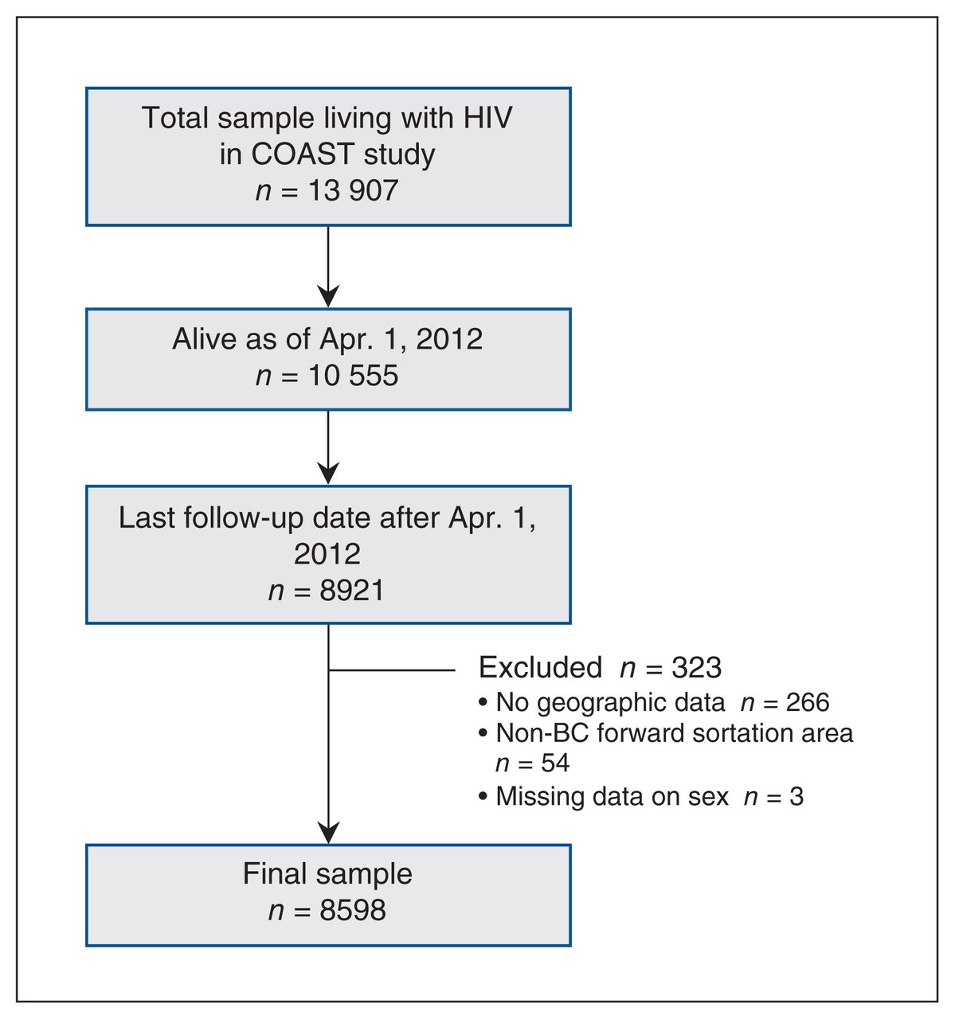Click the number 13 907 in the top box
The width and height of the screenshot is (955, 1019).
coord(354,190)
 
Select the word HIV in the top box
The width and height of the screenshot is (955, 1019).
coord(487,118)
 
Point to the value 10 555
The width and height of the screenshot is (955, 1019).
coord(354,375)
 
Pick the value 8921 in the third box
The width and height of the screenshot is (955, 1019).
coord(352,590)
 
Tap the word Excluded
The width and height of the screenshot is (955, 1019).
coord(540,668)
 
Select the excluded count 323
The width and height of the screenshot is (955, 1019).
coord(697,668)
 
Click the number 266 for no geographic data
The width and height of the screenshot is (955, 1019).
coord(808,702)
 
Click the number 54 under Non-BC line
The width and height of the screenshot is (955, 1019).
coord(555,763)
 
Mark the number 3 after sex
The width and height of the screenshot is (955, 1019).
coord(796,797)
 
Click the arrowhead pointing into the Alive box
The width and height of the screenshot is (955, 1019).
coord(328,296)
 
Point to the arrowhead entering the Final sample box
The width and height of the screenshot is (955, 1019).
coord(328,833)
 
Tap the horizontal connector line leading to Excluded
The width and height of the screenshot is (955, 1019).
coord(392,670)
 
